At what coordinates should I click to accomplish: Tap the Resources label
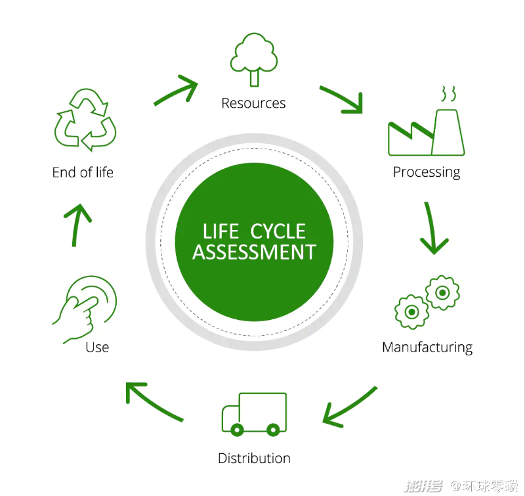coord(253,103)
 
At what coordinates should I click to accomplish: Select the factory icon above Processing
coord(426,133)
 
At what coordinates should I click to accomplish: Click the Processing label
coord(427,172)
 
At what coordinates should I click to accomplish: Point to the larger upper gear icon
coord(442,292)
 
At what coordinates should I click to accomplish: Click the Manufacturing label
coord(427,348)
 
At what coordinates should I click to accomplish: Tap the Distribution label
coord(254,458)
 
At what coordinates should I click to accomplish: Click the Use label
coord(97,348)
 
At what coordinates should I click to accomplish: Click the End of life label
coord(83,172)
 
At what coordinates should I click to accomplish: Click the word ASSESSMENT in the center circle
coord(254,252)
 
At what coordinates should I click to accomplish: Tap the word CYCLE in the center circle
coord(278,231)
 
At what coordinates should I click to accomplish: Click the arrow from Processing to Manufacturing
coord(432,228)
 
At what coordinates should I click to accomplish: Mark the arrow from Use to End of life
coord(75,225)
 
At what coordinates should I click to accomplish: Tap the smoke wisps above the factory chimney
coord(448,93)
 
